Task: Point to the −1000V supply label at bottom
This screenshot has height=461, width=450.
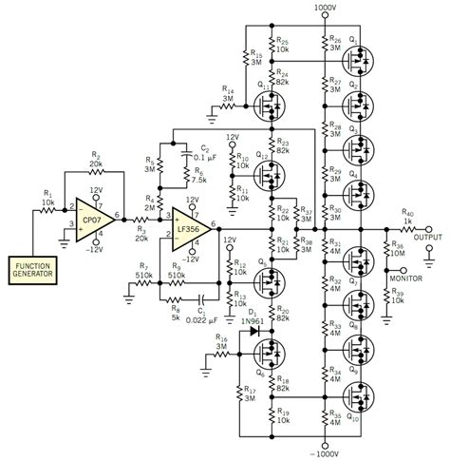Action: click(x=325, y=451)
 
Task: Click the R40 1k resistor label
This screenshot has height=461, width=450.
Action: click(x=407, y=218)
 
